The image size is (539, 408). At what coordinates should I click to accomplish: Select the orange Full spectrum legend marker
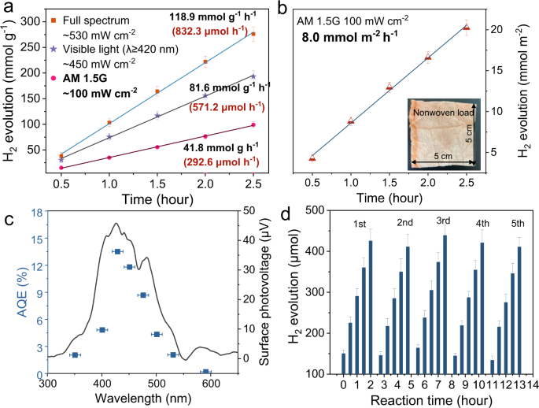click(x=61, y=17)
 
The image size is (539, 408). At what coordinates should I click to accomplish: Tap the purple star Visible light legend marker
click(x=61, y=49)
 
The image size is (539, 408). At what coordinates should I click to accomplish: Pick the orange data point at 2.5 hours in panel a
click(x=253, y=35)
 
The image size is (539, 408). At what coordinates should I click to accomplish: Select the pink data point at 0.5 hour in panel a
click(x=61, y=168)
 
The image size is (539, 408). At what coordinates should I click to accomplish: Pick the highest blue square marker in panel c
click(x=116, y=251)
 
